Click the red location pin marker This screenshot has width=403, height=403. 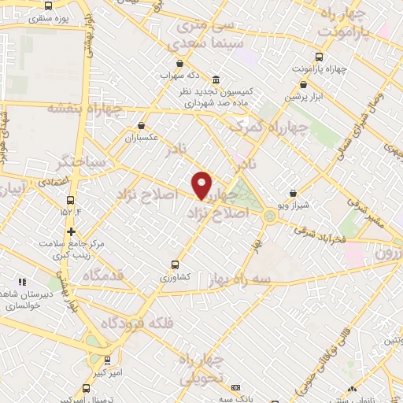point(203,185)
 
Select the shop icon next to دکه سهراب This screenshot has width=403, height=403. point(181,64)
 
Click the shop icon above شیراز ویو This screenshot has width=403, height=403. point(293,193)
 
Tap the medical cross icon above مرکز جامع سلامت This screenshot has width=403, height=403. point(72,231)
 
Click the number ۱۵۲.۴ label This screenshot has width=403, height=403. point(70,212)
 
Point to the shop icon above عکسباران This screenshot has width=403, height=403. point(142,124)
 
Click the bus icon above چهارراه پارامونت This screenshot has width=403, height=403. point(319,57)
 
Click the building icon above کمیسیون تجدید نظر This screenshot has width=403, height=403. point(216,79)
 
